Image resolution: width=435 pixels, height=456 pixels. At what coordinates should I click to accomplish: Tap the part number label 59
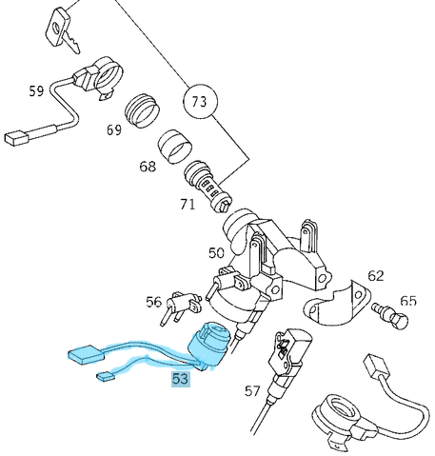tap(36, 91)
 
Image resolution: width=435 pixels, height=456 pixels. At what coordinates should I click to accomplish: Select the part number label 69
tap(114, 129)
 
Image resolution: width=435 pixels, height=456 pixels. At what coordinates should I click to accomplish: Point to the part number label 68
tap(147, 167)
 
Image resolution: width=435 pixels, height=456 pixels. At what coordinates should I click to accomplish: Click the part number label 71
tap(188, 204)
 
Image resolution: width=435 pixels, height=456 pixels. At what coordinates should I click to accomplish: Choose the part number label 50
tap(216, 253)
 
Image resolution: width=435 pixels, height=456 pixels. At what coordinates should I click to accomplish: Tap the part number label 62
tap(376, 276)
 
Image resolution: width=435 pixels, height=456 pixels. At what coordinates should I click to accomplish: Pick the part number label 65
tap(408, 301)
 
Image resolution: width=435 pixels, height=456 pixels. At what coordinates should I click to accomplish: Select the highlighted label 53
tap(180, 379)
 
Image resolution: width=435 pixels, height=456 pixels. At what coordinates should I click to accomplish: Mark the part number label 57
tap(252, 390)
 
